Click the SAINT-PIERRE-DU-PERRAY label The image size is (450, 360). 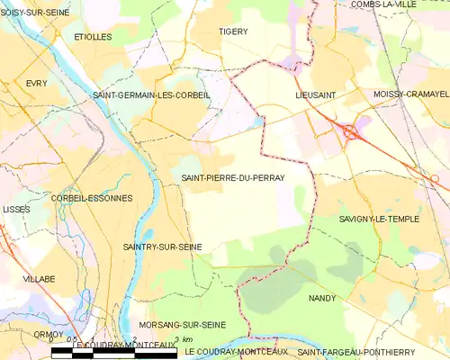232,178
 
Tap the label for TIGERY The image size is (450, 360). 233,31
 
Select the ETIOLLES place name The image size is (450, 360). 93,37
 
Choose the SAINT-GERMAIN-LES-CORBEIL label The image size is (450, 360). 151,94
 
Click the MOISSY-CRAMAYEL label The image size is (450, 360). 410,94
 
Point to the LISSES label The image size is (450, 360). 16,209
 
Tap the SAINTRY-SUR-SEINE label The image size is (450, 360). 162,246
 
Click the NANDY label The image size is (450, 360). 321,297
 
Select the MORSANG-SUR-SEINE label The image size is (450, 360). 182,324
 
